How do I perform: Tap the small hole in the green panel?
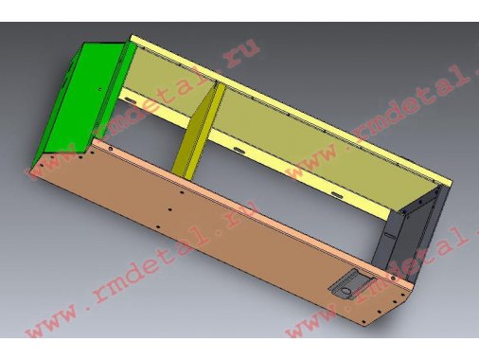[x=100, y=89]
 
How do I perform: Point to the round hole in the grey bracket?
[x=346, y=291]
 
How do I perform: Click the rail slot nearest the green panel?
[x=130, y=100]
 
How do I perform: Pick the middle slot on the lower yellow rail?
[x=239, y=150]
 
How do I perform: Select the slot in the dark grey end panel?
[x=390, y=235]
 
